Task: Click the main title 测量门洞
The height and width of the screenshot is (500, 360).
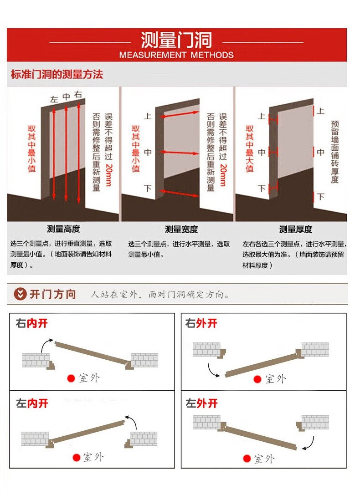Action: (x=176, y=40)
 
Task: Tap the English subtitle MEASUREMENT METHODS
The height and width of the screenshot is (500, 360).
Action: (x=176, y=55)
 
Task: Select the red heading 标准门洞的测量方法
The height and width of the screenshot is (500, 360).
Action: (x=57, y=74)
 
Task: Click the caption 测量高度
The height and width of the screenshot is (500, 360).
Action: (x=63, y=229)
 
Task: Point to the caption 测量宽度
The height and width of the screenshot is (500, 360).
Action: (x=181, y=229)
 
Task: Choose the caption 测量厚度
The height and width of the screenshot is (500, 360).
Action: (x=296, y=229)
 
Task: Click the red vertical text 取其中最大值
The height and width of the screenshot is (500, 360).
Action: (x=250, y=148)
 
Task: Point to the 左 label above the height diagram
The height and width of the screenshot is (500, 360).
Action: (x=54, y=99)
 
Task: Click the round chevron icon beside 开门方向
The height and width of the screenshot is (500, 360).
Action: (x=20, y=294)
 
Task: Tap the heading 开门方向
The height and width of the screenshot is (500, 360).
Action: (x=53, y=294)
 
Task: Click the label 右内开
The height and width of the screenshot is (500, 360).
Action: (x=31, y=323)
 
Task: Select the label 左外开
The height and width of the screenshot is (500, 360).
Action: (x=201, y=403)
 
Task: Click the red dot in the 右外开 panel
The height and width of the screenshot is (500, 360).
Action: (x=257, y=379)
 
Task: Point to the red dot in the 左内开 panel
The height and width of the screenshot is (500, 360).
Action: (x=76, y=458)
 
